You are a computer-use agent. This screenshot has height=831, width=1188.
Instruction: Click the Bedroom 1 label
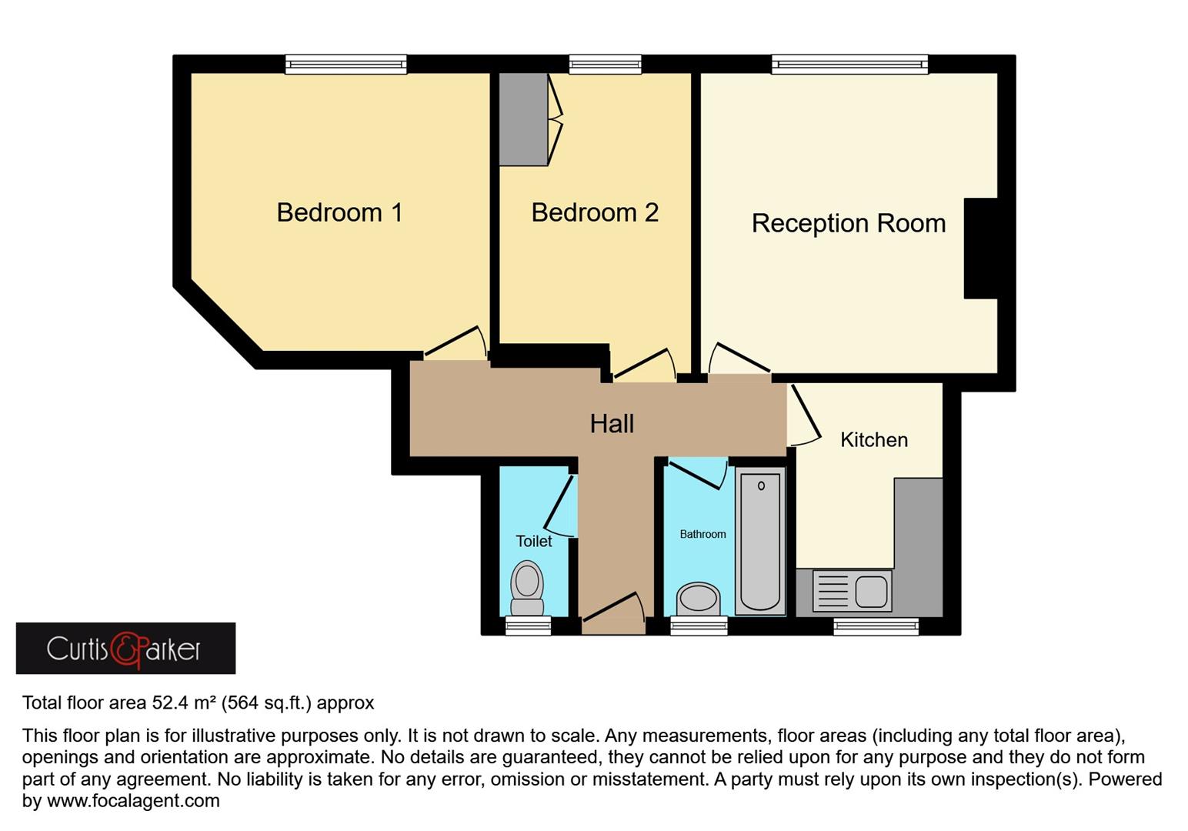(x=339, y=212)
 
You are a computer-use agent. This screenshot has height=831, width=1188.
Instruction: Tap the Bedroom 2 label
(x=595, y=212)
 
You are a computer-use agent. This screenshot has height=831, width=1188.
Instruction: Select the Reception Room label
(x=848, y=223)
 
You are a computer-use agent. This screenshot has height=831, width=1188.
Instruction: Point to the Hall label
(x=612, y=423)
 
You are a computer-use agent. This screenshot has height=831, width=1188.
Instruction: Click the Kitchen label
(x=873, y=440)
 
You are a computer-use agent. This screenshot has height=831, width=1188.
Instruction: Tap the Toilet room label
(x=533, y=541)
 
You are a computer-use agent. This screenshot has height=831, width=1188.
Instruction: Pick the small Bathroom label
(x=702, y=534)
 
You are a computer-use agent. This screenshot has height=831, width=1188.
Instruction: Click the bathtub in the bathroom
(x=760, y=540)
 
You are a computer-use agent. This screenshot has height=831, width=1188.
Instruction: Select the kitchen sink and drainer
(x=852, y=591)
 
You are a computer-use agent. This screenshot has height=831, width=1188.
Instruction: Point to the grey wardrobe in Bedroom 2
(x=523, y=119)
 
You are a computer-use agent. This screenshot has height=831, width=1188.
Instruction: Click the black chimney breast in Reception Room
(x=981, y=248)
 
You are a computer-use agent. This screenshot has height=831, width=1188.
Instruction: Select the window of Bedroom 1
(x=345, y=65)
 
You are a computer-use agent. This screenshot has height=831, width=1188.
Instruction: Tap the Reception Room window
(x=849, y=65)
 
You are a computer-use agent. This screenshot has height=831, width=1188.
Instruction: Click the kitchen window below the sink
(x=876, y=626)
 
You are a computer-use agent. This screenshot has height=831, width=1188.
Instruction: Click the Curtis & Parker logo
(x=125, y=649)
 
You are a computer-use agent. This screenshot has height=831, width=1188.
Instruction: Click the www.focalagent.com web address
(x=133, y=801)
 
